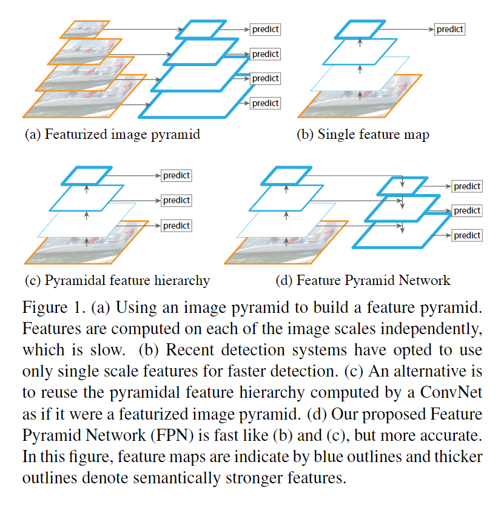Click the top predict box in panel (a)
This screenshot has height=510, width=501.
pyautogui.click(x=265, y=29)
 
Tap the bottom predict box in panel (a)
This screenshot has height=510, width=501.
pyautogui.click(x=265, y=103)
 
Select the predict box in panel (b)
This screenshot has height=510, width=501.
pyautogui.click(x=450, y=29)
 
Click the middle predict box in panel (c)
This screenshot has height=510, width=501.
pyautogui.click(x=177, y=200)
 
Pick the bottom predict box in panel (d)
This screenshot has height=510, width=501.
pyautogui.click(x=467, y=235)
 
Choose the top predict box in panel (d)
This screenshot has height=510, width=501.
pyautogui.click(x=467, y=186)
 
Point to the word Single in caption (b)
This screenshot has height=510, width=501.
pyautogui.click(x=337, y=135)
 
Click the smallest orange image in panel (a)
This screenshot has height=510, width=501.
pyautogui.click(x=85, y=29)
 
